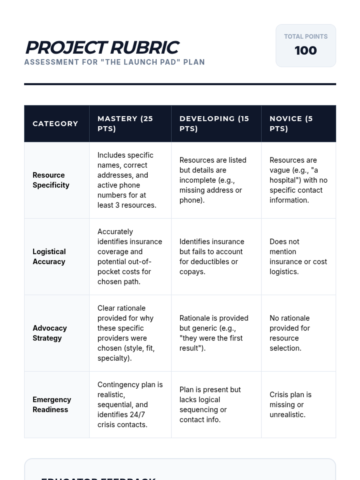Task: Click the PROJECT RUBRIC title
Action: [102, 47]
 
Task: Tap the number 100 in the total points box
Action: [305, 50]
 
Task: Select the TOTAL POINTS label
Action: [305, 37]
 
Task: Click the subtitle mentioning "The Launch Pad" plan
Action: [114, 62]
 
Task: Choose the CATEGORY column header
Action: [55, 124]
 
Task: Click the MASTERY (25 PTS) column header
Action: [125, 124]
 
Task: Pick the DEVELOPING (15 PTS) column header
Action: [214, 124]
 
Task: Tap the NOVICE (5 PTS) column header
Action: [291, 124]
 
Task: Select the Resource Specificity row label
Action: [51, 180]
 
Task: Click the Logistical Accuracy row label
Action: [49, 256]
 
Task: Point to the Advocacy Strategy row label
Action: [49, 333]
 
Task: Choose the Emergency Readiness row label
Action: [52, 404]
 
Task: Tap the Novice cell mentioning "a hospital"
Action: [298, 180]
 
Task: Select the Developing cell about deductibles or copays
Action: [211, 256]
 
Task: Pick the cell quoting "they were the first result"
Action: [214, 333]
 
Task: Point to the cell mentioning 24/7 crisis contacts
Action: [130, 404]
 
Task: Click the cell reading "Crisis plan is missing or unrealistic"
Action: [290, 404]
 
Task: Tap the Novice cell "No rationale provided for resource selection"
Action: [289, 333]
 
